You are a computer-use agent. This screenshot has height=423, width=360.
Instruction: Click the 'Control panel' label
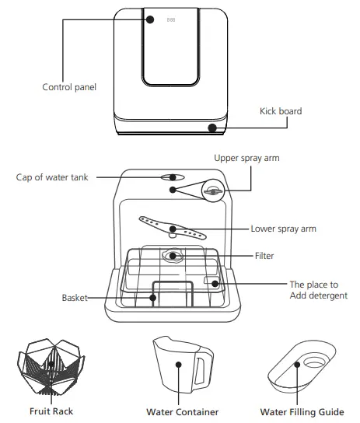[68, 86]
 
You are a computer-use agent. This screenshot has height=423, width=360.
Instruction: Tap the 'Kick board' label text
[280, 111]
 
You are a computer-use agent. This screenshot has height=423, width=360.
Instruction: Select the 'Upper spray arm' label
[246, 158]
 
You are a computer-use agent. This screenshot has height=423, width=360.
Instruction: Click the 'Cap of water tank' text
[52, 177]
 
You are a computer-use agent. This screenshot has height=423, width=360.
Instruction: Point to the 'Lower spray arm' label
[283, 229]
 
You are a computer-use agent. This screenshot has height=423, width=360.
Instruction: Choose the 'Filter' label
[264, 255]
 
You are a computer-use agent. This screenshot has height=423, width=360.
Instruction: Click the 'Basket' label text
[75, 298]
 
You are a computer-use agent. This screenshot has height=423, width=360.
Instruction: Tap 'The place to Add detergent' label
[318, 290]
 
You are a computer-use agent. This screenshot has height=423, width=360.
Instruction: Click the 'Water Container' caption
[182, 411]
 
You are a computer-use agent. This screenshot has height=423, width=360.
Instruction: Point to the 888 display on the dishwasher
[171, 19]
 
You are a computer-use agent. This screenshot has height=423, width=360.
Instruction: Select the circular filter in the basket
[173, 254]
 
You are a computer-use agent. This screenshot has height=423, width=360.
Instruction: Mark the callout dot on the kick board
[211, 127]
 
